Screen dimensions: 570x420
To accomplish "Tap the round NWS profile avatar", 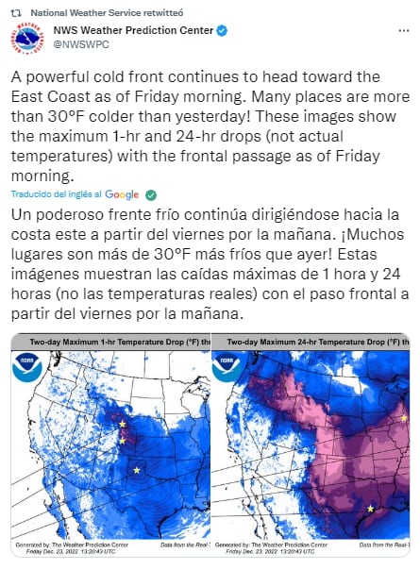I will [x=26, y=39].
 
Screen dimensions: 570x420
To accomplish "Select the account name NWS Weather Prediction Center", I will [x=132, y=31].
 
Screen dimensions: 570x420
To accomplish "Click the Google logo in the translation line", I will [x=122, y=194].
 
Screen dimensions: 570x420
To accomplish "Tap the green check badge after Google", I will [x=150, y=194].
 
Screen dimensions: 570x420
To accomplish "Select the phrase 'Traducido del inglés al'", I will [x=56, y=194].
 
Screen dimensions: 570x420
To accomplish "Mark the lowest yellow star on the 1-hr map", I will [x=138, y=470].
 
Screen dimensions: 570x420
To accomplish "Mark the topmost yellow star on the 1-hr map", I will [x=122, y=424].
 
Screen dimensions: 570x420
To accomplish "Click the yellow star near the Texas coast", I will [x=370, y=510].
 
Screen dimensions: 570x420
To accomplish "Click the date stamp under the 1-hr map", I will [x=59, y=551].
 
